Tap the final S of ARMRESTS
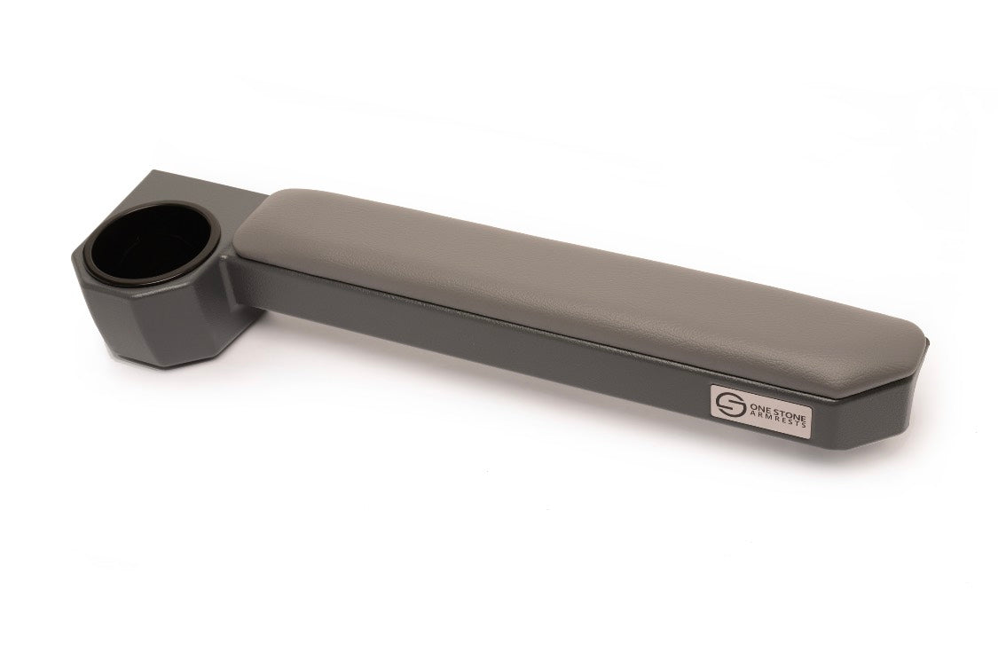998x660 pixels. coord(805,425)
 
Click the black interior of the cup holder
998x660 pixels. coord(153,244)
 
